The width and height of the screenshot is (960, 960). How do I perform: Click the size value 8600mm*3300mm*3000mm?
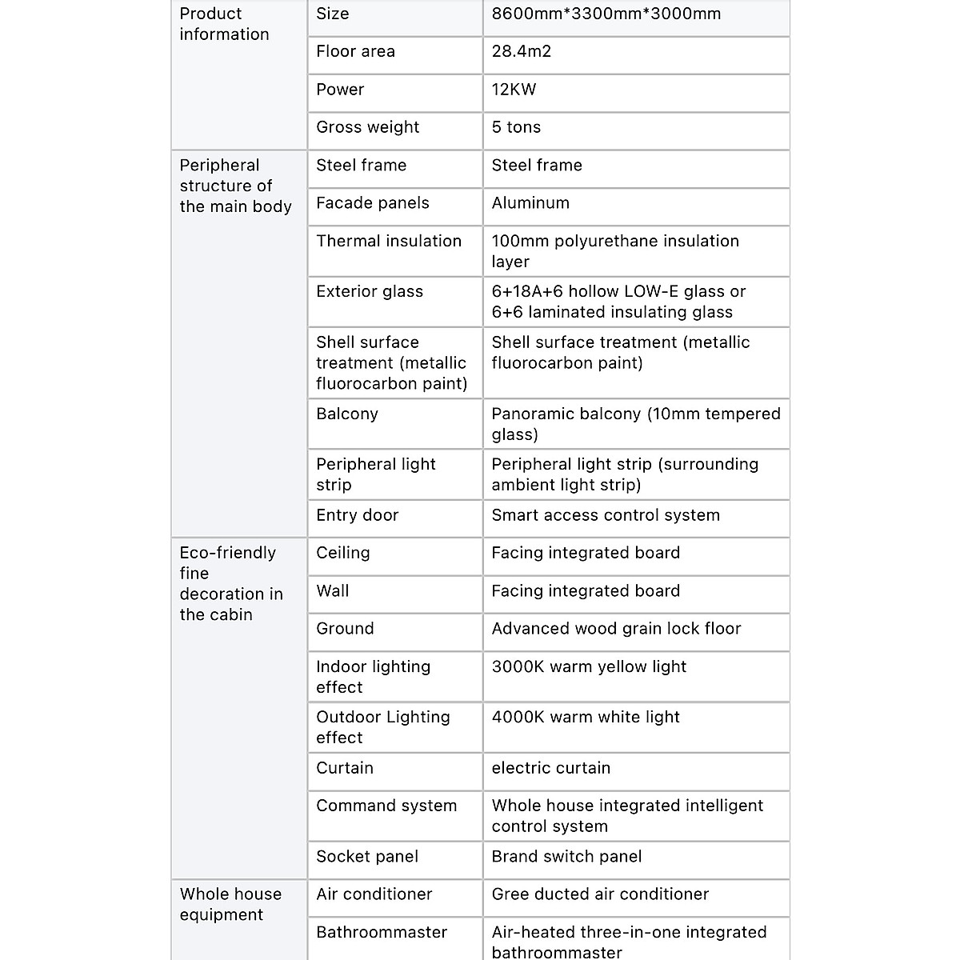[606, 14]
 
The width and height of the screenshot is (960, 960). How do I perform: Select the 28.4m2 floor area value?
[522, 52]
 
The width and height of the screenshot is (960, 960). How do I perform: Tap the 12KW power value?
[514, 90]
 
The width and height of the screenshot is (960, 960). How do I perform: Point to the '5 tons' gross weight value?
[516, 127]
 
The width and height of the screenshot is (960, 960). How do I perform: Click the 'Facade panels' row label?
[372, 203]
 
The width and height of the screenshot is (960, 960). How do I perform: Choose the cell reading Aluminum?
[530, 203]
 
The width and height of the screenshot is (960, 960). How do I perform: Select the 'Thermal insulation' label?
[388, 241]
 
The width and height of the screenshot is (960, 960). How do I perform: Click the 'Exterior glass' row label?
[369, 291]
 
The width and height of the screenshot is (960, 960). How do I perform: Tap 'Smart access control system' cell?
[606, 515]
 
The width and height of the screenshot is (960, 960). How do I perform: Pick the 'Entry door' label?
[357, 515]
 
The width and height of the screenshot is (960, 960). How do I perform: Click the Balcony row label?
[346, 414]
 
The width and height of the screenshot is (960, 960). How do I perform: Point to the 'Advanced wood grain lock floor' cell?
[616, 629]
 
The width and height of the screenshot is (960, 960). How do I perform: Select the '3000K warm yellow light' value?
[589, 666]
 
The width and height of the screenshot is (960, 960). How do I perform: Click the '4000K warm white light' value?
[586, 717]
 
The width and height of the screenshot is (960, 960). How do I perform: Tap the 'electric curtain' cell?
[550, 768]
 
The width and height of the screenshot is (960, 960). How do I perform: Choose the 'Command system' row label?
[386, 806]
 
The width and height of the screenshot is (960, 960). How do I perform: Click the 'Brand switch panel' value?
[566, 857]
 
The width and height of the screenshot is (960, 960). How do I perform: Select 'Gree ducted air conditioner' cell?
[600, 894]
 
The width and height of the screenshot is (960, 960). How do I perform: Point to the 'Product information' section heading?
[224, 24]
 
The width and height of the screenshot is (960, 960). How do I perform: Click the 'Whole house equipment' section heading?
[230, 904]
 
